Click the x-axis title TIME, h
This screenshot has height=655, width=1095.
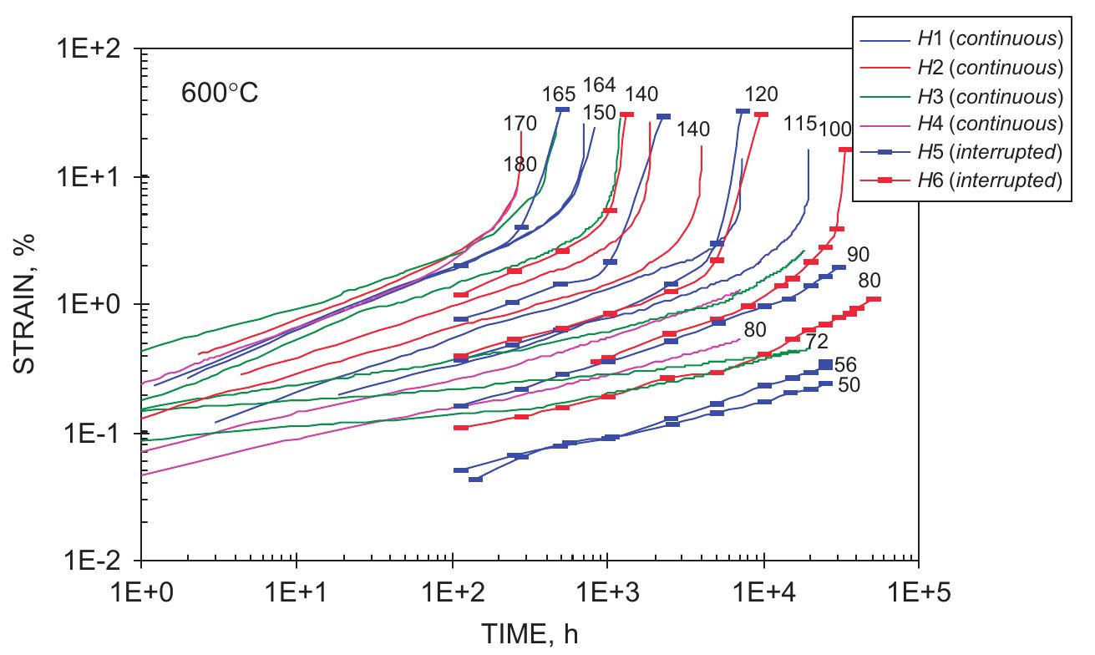[x=529, y=635]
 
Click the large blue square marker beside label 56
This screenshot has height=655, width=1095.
[x=825, y=364]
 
